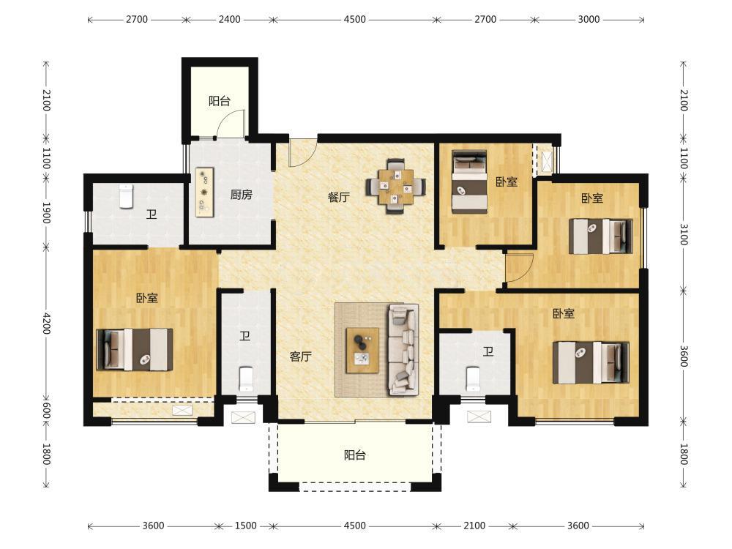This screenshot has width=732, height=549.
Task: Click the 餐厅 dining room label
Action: [x=338, y=197]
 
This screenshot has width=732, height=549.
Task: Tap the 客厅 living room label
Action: [x=300, y=356]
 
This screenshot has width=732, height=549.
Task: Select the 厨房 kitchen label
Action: [x=241, y=195]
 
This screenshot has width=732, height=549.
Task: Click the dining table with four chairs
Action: [x=395, y=187]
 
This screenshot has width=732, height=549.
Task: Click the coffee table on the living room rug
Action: [x=362, y=350]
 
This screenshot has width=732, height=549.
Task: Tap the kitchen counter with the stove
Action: [x=204, y=193]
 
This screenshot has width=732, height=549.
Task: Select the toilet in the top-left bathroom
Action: [x=126, y=196]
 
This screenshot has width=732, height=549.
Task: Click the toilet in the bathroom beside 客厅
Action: [x=246, y=379]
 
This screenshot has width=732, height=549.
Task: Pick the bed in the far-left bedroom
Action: [x=135, y=350]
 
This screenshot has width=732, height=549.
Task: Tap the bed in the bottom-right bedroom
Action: [x=591, y=363]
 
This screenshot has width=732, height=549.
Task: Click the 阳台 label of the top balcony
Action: [x=220, y=101]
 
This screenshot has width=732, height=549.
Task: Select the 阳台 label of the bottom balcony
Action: [x=355, y=455]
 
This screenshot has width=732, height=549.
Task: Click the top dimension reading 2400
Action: [x=230, y=20]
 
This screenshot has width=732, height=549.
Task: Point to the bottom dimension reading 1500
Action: [x=245, y=526]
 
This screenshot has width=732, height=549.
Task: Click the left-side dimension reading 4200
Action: [x=46, y=323]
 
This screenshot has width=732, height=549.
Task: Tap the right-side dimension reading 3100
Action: [x=684, y=234]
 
